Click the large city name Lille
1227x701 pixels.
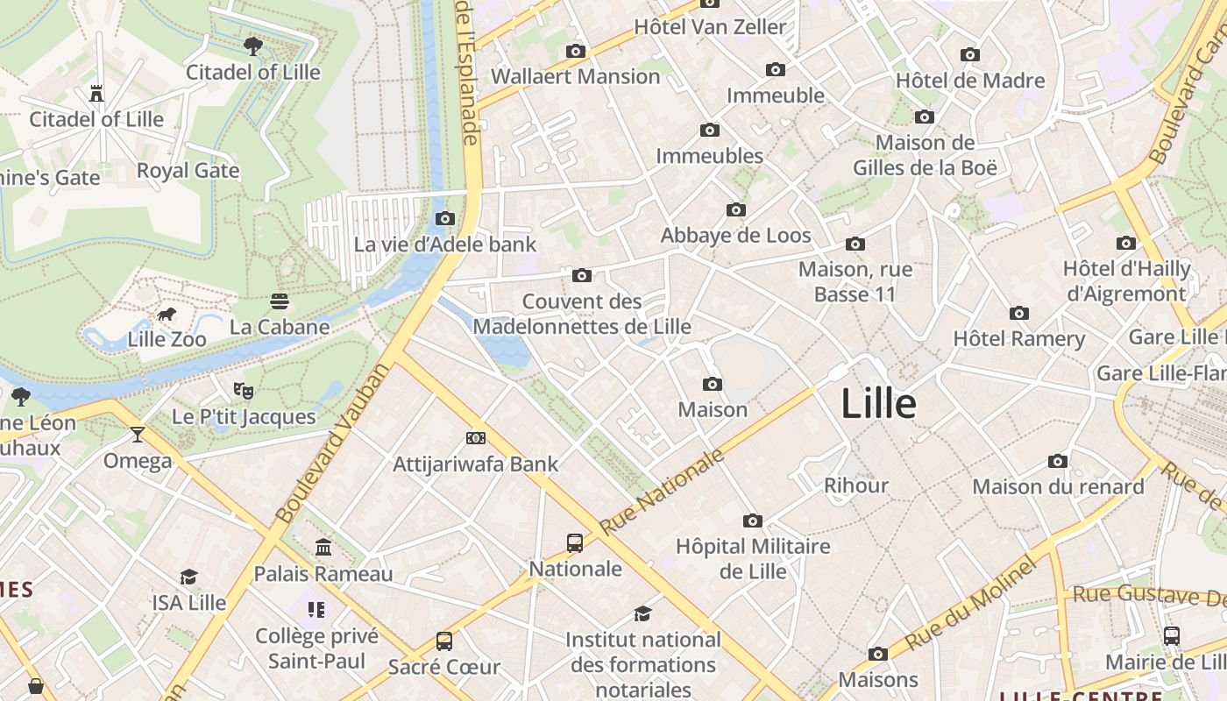[878, 404]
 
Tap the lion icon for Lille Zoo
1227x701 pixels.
[166, 315]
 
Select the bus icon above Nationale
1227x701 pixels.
[575, 543]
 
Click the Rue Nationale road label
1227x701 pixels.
[663, 492]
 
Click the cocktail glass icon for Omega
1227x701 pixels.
[138, 435]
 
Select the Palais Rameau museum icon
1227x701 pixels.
[323, 548]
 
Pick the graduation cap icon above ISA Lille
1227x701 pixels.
[188, 577]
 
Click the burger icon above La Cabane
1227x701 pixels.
[280, 301]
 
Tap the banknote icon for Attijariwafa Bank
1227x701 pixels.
[475, 437]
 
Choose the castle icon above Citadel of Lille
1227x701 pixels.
[96, 93]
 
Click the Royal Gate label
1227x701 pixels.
[188, 170]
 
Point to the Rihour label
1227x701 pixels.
[856, 485]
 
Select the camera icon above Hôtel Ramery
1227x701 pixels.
[1018, 313]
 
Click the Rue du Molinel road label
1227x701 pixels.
[970, 604]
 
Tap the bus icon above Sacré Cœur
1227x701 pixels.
[444, 641]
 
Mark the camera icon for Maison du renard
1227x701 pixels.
[1058, 461]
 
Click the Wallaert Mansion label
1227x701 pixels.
[575, 76]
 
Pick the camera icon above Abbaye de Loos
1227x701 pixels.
[736, 209]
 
